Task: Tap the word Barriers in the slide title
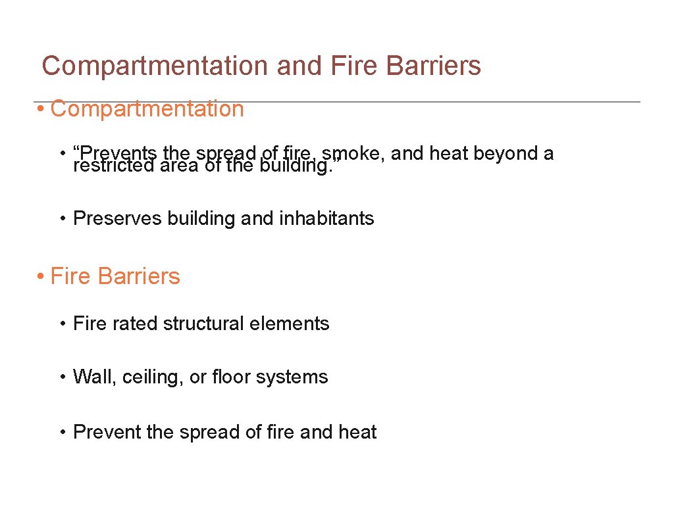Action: click(x=434, y=66)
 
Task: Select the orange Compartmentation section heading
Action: click(x=147, y=108)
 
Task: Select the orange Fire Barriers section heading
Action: click(x=115, y=276)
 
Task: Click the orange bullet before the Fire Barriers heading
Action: click(x=41, y=276)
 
